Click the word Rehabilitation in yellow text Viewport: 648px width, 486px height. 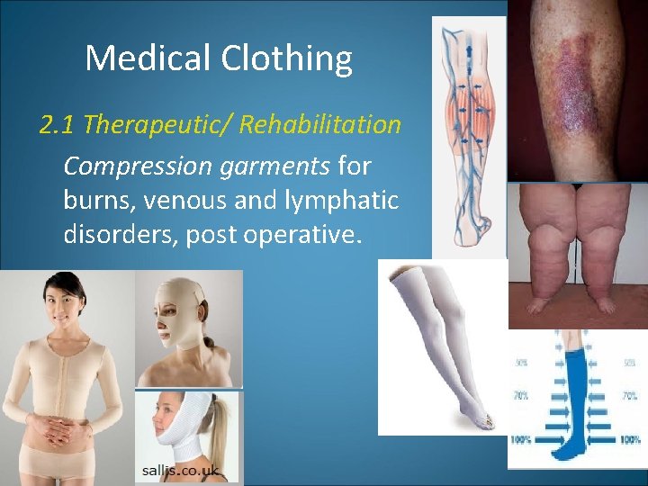pyautogui.click(x=320, y=124)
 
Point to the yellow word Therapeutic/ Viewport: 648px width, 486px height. pyautogui.click(x=157, y=124)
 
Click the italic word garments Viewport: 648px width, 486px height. pyautogui.click(x=270, y=166)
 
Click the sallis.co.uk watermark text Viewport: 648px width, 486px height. pyautogui.click(x=180, y=471)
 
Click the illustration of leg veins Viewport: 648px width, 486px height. pyautogui.click(x=469, y=135)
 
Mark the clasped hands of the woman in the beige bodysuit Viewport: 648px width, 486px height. pyautogui.click(x=59, y=423)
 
